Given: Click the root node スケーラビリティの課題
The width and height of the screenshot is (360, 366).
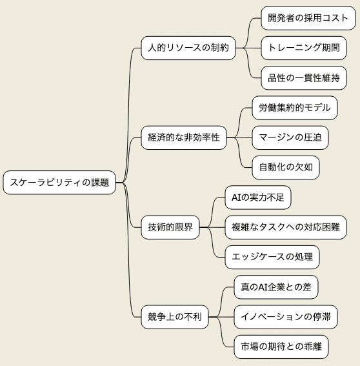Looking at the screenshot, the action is [x=59, y=182].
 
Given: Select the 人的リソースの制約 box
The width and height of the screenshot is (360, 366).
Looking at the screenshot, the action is [x=188, y=48].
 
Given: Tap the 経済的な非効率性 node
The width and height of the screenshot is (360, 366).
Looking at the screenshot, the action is [x=184, y=137].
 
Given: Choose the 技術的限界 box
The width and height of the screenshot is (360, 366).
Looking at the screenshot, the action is [x=170, y=227].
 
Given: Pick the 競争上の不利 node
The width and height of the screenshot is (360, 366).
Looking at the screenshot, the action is [x=175, y=317].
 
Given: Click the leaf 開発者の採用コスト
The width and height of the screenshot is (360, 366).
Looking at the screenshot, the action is [x=308, y=18].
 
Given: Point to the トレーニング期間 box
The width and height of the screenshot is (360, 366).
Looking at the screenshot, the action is [x=304, y=48].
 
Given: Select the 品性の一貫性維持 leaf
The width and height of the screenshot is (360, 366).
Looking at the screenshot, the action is [x=304, y=77].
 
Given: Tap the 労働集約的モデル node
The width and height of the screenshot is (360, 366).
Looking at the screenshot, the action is [x=295, y=108].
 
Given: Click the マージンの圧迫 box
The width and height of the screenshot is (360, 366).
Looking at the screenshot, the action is [x=290, y=137].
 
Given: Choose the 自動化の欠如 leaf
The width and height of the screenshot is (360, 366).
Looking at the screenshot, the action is [x=286, y=167].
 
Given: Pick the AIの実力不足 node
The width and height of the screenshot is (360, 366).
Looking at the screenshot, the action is [x=258, y=198].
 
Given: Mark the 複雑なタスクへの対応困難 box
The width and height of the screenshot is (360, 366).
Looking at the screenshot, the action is [x=286, y=227].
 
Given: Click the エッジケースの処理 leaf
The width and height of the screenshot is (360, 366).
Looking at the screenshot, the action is [x=272, y=257].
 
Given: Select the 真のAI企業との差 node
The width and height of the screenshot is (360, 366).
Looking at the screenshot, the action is [x=276, y=287].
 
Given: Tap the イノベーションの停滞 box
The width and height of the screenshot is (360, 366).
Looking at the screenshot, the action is [x=286, y=317].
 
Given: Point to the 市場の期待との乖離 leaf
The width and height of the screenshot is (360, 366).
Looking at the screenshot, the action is [x=281, y=347].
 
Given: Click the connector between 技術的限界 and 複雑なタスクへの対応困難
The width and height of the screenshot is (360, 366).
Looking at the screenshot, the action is [x=212, y=227].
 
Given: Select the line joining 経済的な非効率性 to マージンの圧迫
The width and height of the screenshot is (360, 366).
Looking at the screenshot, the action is [x=239, y=137].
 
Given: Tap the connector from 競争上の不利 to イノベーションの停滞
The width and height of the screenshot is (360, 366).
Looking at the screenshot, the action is [x=221, y=317].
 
